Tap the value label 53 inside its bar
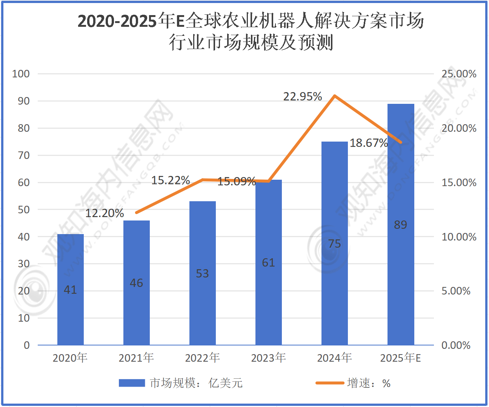tap(202, 273)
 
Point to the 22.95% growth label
tap(303, 97)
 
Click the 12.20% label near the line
tap(105, 213)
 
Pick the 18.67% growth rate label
tap(369, 143)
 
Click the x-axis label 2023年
tap(268, 358)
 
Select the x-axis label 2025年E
tap(400, 358)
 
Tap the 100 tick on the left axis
tap(21, 74)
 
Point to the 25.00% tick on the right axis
tap(459, 74)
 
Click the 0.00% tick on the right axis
tap(456, 345)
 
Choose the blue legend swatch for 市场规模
tap(132, 383)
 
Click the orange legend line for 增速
tap(330, 383)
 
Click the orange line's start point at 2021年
tap(137, 213)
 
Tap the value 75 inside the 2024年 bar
tap(335, 244)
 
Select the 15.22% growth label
tap(171, 180)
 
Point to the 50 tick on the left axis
tap(24, 210)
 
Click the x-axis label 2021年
tap(136, 358)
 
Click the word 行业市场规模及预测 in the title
tap(251, 42)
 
